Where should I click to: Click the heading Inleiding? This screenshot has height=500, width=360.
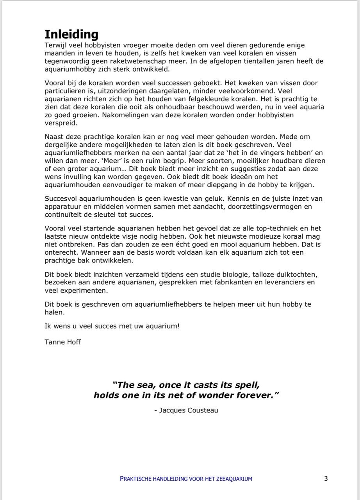click(x=71, y=34)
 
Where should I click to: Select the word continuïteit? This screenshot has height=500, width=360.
click(x=64, y=214)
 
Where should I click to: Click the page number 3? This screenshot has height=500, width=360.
click(x=326, y=478)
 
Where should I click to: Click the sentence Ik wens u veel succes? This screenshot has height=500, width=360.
click(x=112, y=325)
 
